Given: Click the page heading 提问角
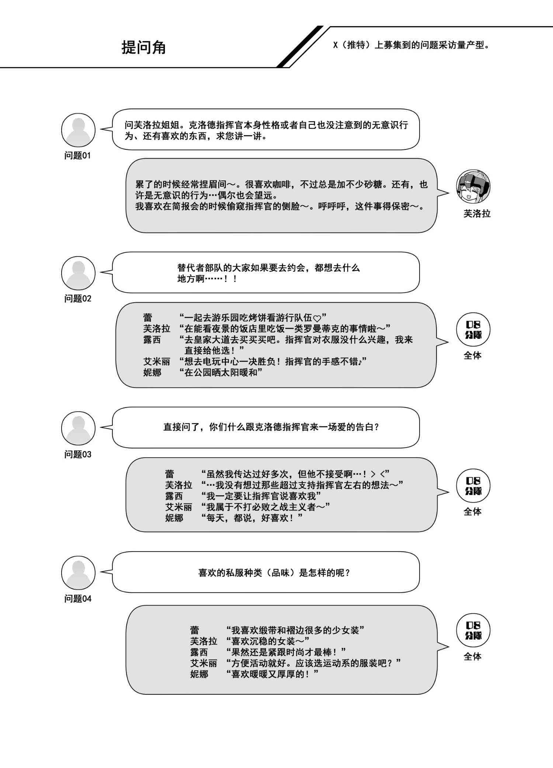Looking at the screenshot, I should (x=144, y=47).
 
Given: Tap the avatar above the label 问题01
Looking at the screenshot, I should (x=78, y=130).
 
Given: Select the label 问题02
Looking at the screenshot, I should (x=77, y=299).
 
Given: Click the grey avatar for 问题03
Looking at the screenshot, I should (x=78, y=428).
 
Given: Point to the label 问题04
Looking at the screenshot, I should (x=77, y=599).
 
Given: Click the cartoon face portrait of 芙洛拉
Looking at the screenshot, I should (x=473, y=187).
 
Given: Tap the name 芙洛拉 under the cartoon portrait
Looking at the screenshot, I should (x=477, y=214).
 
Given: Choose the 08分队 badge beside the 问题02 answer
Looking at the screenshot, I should (x=473, y=330).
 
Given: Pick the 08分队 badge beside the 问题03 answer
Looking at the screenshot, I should (x=473, y=486).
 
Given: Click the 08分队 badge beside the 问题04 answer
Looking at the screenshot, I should (x=473, y=630).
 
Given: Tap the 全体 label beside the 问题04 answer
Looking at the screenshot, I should (x=473, y=656).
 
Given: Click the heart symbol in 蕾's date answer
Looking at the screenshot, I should (x=317, y=318).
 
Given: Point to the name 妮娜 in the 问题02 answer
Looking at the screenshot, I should (x=152, y=373).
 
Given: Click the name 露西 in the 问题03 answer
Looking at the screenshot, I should (x=174, y=496).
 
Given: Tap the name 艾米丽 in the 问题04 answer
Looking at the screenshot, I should (x=204, y=663).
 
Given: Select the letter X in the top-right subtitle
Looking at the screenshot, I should (x=335, y=45).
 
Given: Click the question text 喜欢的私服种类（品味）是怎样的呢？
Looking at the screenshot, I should (x=274, y=573).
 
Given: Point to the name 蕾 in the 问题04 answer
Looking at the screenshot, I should (x=195, y=630).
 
